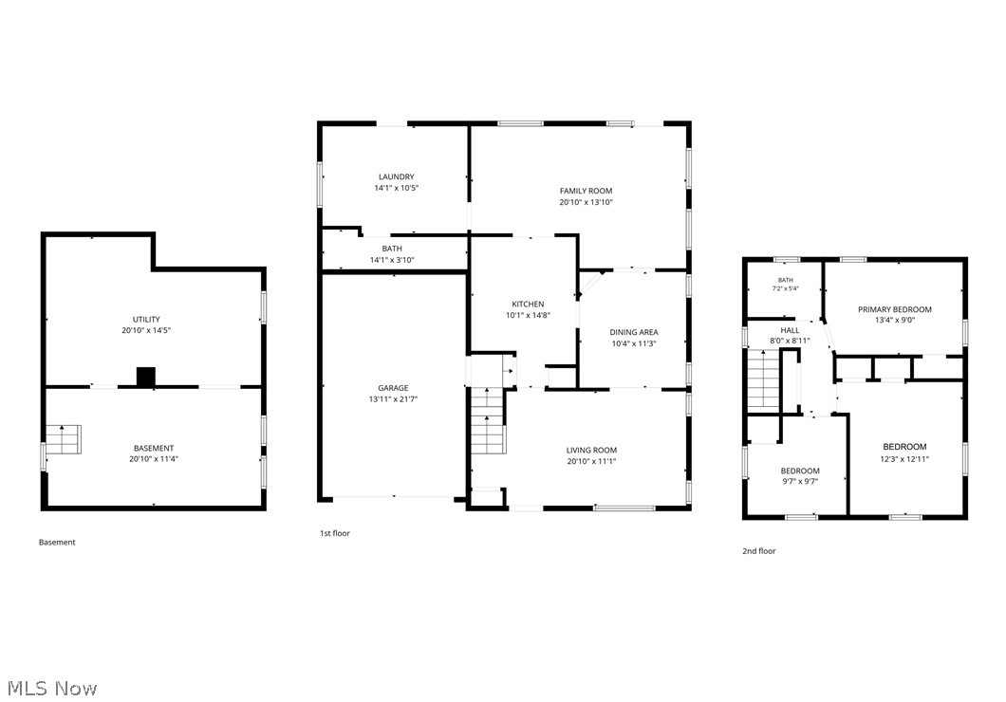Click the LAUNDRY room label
(397, 177)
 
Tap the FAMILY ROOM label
(586, 191)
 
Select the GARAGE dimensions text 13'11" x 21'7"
(393, 399)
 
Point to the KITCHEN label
(528, 304)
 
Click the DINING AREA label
(634, 332)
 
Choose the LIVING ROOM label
(591, 450)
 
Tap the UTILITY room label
(146, 320)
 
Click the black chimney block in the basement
(146, 377)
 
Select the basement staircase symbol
(63, 439)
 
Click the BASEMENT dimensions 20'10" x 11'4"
(154, 459)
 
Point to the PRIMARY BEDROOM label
(895, 309)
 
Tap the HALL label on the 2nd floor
(790, 330)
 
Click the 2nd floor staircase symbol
(763, 381)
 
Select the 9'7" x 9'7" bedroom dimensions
(800, 482)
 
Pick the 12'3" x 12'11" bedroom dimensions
(904, 458)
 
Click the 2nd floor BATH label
(785, 280)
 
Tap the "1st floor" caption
(335, 533)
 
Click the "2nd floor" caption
(759, 551)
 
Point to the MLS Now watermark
(52, 689)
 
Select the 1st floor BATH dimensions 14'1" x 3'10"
(392, 260)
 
